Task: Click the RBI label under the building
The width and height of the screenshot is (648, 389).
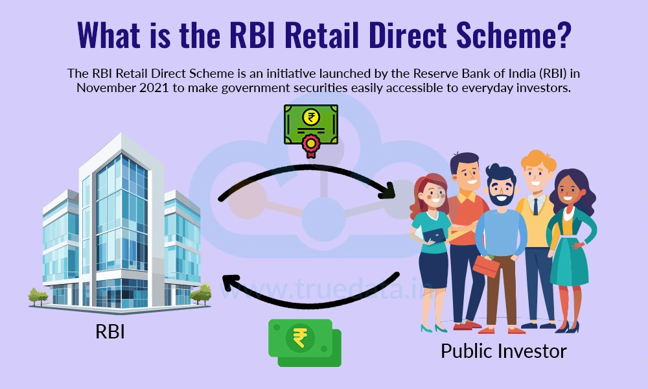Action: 110,331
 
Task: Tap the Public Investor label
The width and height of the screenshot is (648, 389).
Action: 503,351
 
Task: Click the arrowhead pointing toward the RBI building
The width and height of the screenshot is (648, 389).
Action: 228,283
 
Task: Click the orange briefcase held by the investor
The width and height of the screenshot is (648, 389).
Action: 485,264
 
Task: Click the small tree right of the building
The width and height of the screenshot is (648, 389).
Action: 202,294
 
